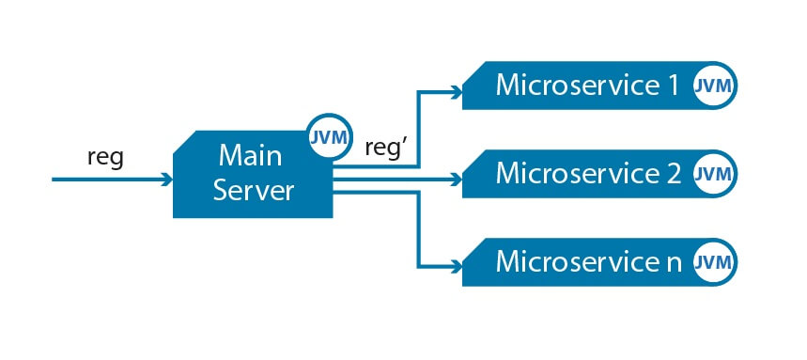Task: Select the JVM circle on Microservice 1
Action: (714, 86)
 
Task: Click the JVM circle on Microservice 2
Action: (714, 174)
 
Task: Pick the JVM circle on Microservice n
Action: (714, 261)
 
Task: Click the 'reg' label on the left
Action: (105, 157)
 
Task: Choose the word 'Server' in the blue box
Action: (254, 190)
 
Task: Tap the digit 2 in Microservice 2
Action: (672, 174)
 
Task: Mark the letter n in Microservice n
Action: (672, 262)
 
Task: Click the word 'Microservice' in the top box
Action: (576, 86)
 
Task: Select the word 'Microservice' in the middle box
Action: (576, 174)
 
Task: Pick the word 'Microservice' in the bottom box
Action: (576, 261)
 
